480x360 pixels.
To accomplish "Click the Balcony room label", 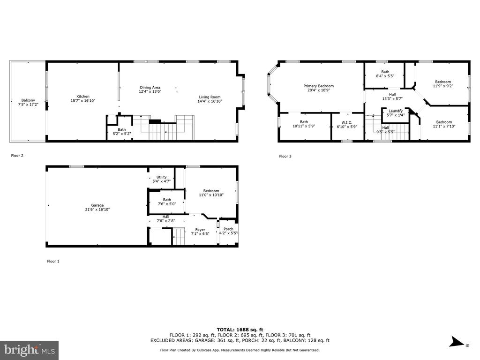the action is tap(28, 100).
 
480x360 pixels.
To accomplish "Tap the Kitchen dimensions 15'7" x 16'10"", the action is tap(83, 100).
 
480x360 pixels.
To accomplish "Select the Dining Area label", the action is tap(150, 87).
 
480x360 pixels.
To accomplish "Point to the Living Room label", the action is tap(210, 97).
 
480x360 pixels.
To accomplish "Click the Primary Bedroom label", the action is tap(319, 86).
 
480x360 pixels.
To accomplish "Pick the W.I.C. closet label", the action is tap(347, 122).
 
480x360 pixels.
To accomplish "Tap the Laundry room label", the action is tap(396, 111).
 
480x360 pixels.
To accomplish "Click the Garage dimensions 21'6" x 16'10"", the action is tap(97, 210).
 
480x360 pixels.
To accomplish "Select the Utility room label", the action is tap(162, 177).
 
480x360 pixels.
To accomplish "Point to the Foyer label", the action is tap(200, 230).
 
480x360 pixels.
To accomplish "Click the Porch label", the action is tap(228, 229).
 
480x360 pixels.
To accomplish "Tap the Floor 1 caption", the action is tap(53, 261).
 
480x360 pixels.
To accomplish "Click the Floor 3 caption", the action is tap(285, 156).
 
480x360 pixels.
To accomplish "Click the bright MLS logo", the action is tap(30, 350).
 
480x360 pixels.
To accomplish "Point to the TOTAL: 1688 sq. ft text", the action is tap(240, 330).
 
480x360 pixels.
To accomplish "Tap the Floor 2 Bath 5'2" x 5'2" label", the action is tap(122, 132).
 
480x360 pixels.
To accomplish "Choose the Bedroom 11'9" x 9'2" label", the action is tap(443, 84).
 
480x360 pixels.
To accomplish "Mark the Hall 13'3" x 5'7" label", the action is tap(392, 97).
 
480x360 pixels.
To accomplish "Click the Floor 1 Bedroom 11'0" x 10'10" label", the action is tap(211, 193).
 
